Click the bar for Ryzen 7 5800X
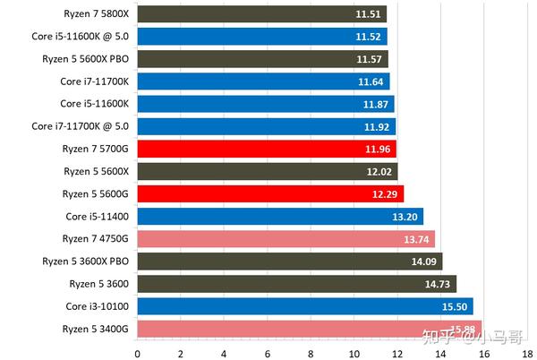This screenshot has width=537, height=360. click(260, 14)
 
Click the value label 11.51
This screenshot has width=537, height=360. click(369, 14)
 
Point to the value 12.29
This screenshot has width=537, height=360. click(386, 193)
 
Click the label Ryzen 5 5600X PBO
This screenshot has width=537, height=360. click(86, 59)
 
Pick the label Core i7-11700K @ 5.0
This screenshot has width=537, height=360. click(81, 126)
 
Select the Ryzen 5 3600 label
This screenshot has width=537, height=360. click(99, 284)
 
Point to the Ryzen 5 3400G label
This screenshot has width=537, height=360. click(97, 329)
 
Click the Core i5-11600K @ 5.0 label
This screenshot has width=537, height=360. click(81, 37)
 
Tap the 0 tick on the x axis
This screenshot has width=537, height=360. click(137, 353)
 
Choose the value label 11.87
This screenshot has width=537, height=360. click(377, 104)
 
